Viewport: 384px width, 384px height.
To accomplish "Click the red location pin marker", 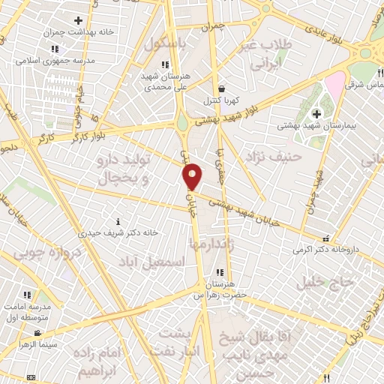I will click(193, 175).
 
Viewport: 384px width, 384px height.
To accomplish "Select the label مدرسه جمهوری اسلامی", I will click(60, 59).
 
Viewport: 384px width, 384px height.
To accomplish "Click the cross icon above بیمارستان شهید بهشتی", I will click(316, 113).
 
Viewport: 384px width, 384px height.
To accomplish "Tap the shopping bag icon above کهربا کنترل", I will click(220, 88).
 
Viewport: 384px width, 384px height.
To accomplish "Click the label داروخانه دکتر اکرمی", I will click(325, 248).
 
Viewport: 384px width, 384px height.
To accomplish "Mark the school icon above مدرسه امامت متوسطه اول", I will click(27, 295).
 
